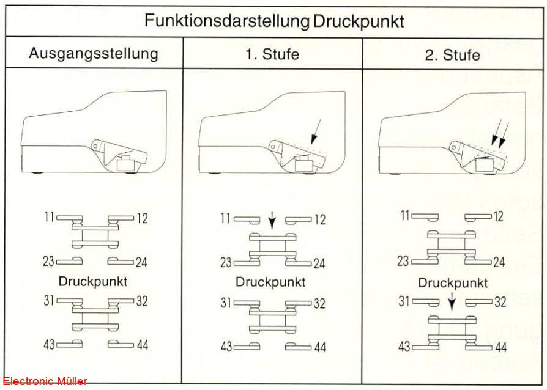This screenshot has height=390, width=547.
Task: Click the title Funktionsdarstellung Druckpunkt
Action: [x=274, y=21]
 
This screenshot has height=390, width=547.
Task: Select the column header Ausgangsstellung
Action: [x=94, y=54]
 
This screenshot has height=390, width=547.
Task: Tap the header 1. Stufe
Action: [x=272, y=54]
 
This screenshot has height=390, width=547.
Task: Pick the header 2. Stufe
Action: [x=452, y=55]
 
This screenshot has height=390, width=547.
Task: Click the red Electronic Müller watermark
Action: [x=45, y=381]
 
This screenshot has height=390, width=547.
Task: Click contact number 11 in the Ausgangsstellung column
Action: [x=49, y=217]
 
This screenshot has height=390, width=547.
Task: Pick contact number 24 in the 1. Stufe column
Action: [x=319, y=263]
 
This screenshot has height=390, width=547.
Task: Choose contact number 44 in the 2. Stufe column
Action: [x=500, y=347]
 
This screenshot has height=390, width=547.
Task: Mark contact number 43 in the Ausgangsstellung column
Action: [x=49, y=344]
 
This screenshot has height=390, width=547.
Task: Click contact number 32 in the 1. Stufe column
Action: [x=319, y=304]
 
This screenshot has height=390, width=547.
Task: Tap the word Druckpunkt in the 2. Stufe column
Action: [x=452, y=283]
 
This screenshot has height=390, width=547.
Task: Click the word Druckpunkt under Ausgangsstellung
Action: [x=93, y=282]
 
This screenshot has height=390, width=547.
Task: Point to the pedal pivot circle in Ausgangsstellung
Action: [x=95, y=146]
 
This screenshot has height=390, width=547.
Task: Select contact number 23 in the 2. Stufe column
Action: [x=403, y=260]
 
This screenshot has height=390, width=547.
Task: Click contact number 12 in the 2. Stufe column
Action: [x=499, y=216]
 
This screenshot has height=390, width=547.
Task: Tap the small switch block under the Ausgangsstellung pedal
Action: [x=125, y=163]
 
